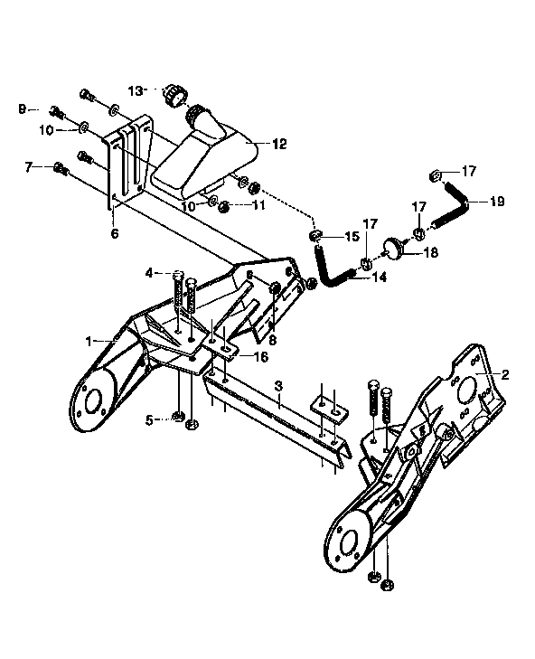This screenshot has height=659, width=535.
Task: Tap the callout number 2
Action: coord(505,373)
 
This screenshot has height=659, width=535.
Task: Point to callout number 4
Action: coord(148,271)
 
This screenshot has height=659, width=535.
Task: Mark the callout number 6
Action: coord(115,234)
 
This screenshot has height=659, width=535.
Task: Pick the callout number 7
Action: coord(28,166)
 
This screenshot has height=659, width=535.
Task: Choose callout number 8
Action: coord(273,340)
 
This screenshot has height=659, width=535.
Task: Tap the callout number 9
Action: coord(22,109)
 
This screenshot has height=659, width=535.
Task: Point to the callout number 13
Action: coord(136,90)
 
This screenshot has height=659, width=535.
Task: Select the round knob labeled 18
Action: coord(395,247)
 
